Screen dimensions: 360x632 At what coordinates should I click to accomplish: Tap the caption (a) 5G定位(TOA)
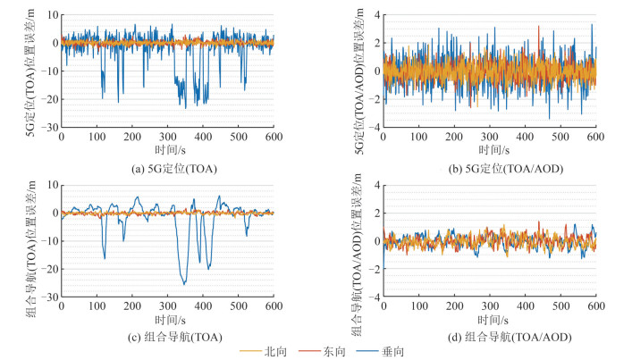click(167, 166)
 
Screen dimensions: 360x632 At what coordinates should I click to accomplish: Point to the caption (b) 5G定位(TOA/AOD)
click(489, 166)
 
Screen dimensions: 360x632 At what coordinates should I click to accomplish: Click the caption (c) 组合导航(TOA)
click(167, 336)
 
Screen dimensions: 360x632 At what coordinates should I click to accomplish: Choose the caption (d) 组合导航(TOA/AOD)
click(489, 336)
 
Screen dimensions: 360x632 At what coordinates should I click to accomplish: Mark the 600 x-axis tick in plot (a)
click(274, 137)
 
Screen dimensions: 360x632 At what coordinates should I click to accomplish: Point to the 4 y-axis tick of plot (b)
click(375, 16)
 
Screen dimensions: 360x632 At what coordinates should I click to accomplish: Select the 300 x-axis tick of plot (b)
click(489, 137)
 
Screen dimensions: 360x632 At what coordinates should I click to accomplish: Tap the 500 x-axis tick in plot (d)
click(560, 306)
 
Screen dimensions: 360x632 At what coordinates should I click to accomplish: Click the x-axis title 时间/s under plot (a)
click(167, 149)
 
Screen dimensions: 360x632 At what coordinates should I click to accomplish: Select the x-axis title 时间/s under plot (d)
click(489, 319)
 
